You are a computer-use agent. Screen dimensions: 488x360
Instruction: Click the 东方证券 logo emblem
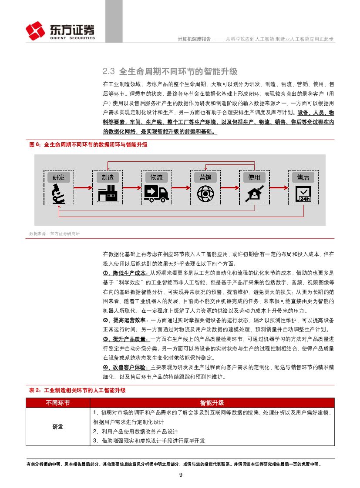35,31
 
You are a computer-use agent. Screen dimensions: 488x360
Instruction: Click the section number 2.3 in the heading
108,71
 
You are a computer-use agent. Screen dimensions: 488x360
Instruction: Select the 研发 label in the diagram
59,177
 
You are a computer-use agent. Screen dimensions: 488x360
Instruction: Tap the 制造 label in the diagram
108,177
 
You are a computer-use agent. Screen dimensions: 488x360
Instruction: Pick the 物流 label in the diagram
156,177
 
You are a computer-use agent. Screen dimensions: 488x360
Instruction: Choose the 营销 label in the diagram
205,177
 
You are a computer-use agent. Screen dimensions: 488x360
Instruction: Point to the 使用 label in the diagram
254,177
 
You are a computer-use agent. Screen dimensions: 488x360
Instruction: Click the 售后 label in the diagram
303,177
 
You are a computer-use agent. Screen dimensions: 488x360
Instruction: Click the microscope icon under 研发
58,194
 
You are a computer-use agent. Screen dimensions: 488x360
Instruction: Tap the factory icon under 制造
108,194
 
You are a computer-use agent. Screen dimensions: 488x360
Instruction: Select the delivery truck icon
156,193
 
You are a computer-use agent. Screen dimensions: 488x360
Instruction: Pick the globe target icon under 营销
205,194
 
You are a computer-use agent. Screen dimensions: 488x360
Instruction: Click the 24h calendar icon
303,194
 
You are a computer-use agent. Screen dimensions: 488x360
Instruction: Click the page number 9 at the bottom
180,475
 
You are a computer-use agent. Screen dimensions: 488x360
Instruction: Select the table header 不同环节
58,403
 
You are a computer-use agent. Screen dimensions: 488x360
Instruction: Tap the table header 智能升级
212,403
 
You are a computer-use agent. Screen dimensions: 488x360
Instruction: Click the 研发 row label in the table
58,427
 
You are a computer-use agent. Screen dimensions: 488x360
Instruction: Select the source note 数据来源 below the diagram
54,234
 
